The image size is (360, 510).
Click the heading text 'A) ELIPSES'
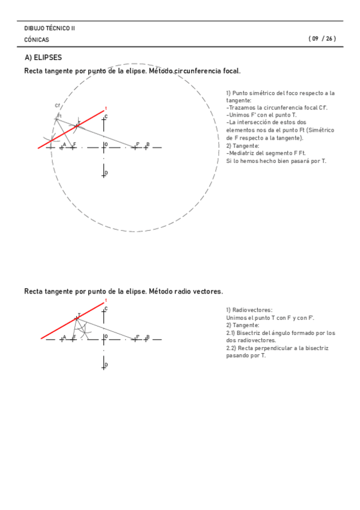[43, 58]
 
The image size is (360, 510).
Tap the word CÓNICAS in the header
[37, 40]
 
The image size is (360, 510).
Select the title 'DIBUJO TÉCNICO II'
[50, 28]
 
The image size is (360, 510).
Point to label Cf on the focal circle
[56, 106]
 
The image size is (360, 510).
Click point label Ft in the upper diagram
[59, 115]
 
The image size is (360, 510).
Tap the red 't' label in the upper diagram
[106, 108]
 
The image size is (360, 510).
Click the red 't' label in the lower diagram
[106, 300]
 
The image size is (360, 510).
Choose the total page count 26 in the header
[329, 39]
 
